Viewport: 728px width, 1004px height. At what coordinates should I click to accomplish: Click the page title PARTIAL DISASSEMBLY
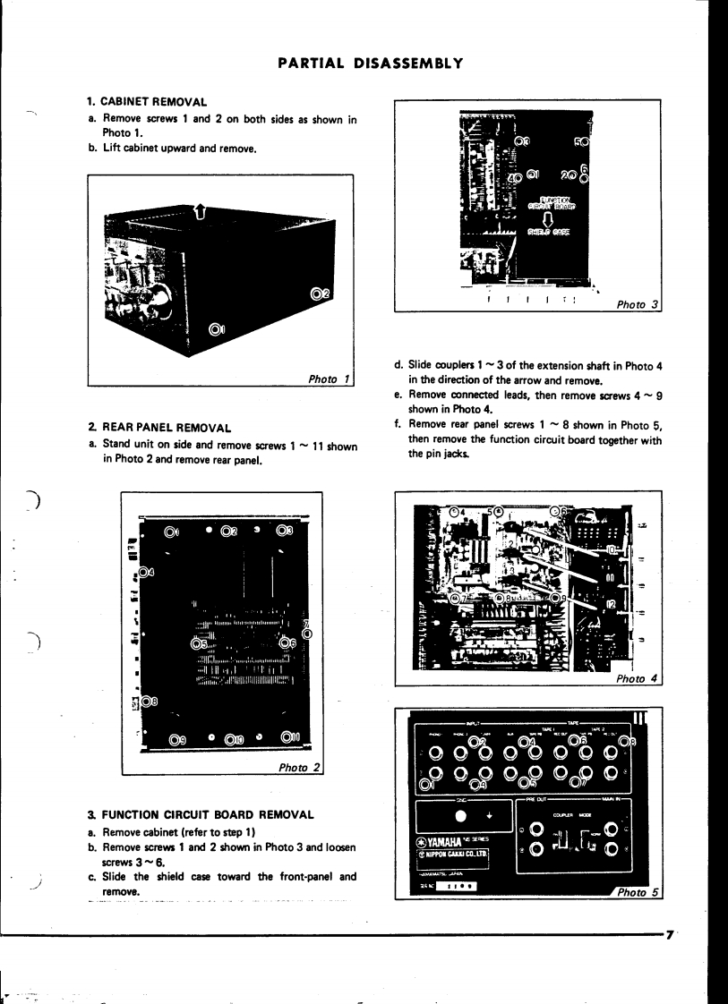[370, 64]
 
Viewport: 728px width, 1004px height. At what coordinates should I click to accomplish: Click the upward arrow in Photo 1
[200, 212]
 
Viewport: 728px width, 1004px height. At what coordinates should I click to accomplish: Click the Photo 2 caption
[299, 767]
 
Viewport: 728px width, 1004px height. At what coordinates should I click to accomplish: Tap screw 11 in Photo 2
[289, 737]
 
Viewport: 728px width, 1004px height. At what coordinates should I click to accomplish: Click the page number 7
[671, 934]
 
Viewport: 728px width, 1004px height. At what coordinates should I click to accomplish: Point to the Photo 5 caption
[639, 892]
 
